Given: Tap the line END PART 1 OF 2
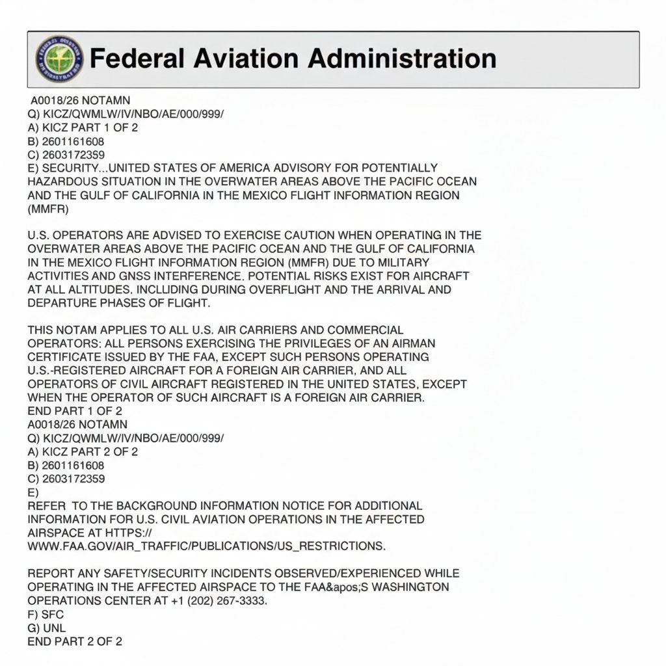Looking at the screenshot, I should pos(75,410).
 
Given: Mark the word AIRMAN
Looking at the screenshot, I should pos(407,343).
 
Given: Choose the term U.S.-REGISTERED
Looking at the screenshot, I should pos(70,370).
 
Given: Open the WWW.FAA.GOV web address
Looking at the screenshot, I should pos(206,546).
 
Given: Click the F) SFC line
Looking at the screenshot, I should pos(46,614).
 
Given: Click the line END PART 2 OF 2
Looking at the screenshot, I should pos(75,641).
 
